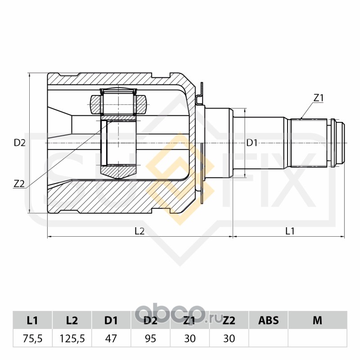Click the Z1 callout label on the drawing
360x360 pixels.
pyautogui.click(x=319, y=98)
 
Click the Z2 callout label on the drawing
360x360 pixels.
pyautogui.click(x=19, y=184)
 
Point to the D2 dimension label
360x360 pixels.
pyautogui.click(x=19, y=143)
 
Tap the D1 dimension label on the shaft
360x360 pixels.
pyautogui.click(x=252, y=143)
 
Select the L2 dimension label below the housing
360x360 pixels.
pyautogui.click(x=139, y=231)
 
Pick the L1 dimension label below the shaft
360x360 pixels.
pyautogui.click(x=290, y=231)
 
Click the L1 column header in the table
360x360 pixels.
pyautogui.click(x=32, y=320)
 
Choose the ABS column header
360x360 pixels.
pyautogui.click(x=268, y=320)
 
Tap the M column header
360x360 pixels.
pyautogui.click(x=318, y=320)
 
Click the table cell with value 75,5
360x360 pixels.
pyautogui.click(x=32, y=338)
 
